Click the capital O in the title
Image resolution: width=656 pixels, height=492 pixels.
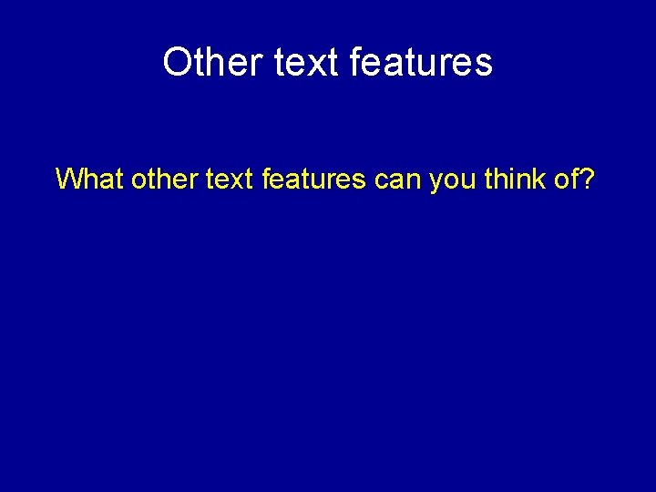point(177,62)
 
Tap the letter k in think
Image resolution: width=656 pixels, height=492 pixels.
point(539,179)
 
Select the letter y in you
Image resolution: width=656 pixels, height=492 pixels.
point(436,182)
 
